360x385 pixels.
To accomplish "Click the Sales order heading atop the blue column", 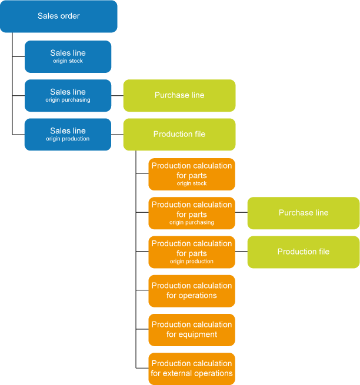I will click(x=59, y=16).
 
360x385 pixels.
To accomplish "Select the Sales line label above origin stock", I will click(x=68, y=53).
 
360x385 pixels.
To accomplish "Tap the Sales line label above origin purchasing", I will click(x=68, y=92).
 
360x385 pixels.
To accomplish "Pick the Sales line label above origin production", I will click(x=68, y=130).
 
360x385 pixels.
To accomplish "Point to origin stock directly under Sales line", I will click(x=68, y=61).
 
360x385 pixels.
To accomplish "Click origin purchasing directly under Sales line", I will click(x=68, y=100).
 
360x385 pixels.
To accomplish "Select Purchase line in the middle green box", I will click(x=179, y=95).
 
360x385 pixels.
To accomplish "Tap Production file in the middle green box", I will click(x=179, y=134).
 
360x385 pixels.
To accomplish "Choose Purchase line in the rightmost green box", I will click(x=304, y=213).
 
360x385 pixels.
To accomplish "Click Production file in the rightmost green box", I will click(x=304, y=252).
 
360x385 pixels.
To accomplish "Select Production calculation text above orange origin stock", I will click(x=192, y=166).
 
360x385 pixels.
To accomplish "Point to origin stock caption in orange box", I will click(x=192, y=183).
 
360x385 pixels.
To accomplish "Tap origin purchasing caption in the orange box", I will click(x=192, y=222).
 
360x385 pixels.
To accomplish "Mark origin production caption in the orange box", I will click(x=192, y=261).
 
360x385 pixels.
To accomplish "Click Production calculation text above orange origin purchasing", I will click(x=192, y=205).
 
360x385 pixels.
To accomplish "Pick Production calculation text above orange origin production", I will click(x=192, y=243).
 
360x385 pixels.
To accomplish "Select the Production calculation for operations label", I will click(x=192, y=290).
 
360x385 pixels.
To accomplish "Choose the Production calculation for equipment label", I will click(x=192, y=329).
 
